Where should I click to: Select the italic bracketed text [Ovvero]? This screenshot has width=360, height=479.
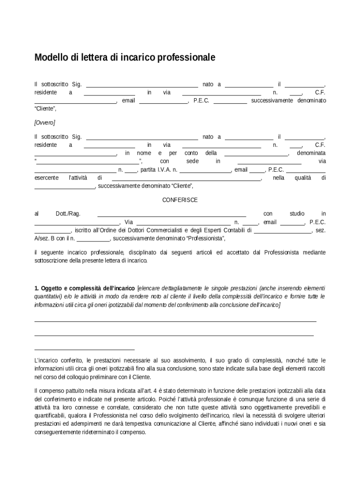44,123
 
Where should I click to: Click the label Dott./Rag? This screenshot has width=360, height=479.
68,214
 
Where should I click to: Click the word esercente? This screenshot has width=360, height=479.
46,178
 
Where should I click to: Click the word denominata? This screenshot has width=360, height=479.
311,153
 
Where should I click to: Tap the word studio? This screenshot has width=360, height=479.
297,214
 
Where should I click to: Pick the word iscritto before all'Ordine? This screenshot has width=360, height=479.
83,230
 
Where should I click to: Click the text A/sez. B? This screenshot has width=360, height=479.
45,239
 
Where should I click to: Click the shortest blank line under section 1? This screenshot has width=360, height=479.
85,349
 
